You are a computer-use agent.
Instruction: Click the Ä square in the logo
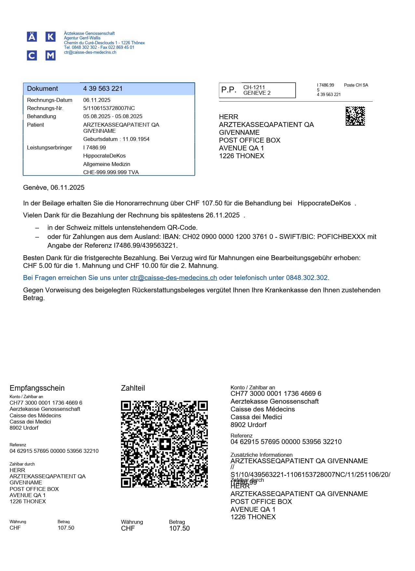(x=32, y=37)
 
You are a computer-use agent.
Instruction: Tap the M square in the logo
(x=50, y=56)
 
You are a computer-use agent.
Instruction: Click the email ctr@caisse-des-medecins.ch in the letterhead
(x=90, y=52)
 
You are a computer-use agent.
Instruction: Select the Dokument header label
(x=42, y=89)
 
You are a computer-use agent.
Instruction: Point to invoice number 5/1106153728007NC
(x=109, y=108)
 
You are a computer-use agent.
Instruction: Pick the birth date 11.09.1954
(x=136, y=139)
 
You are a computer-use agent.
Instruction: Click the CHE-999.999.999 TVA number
(x=111, y=172)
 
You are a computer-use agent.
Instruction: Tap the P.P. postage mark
(x=229, y=90)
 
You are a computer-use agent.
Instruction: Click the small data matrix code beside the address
(x=355, y=116)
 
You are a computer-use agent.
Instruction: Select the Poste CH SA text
(x=356, y=85)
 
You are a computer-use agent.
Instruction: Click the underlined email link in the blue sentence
(x=173, y=278)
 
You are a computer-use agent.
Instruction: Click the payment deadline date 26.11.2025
(x=222, y=215)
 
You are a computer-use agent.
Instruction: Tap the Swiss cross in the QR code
(x=165, y=444)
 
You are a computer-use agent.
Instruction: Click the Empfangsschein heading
(x=37, y=388)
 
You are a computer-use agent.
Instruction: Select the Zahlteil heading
(x=133, y=388)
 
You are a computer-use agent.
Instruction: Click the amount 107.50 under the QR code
(x=179, y=528)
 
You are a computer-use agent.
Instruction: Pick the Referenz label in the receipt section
(x=18, y=445)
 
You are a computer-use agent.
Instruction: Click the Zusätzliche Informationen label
(x=261, y=455)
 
